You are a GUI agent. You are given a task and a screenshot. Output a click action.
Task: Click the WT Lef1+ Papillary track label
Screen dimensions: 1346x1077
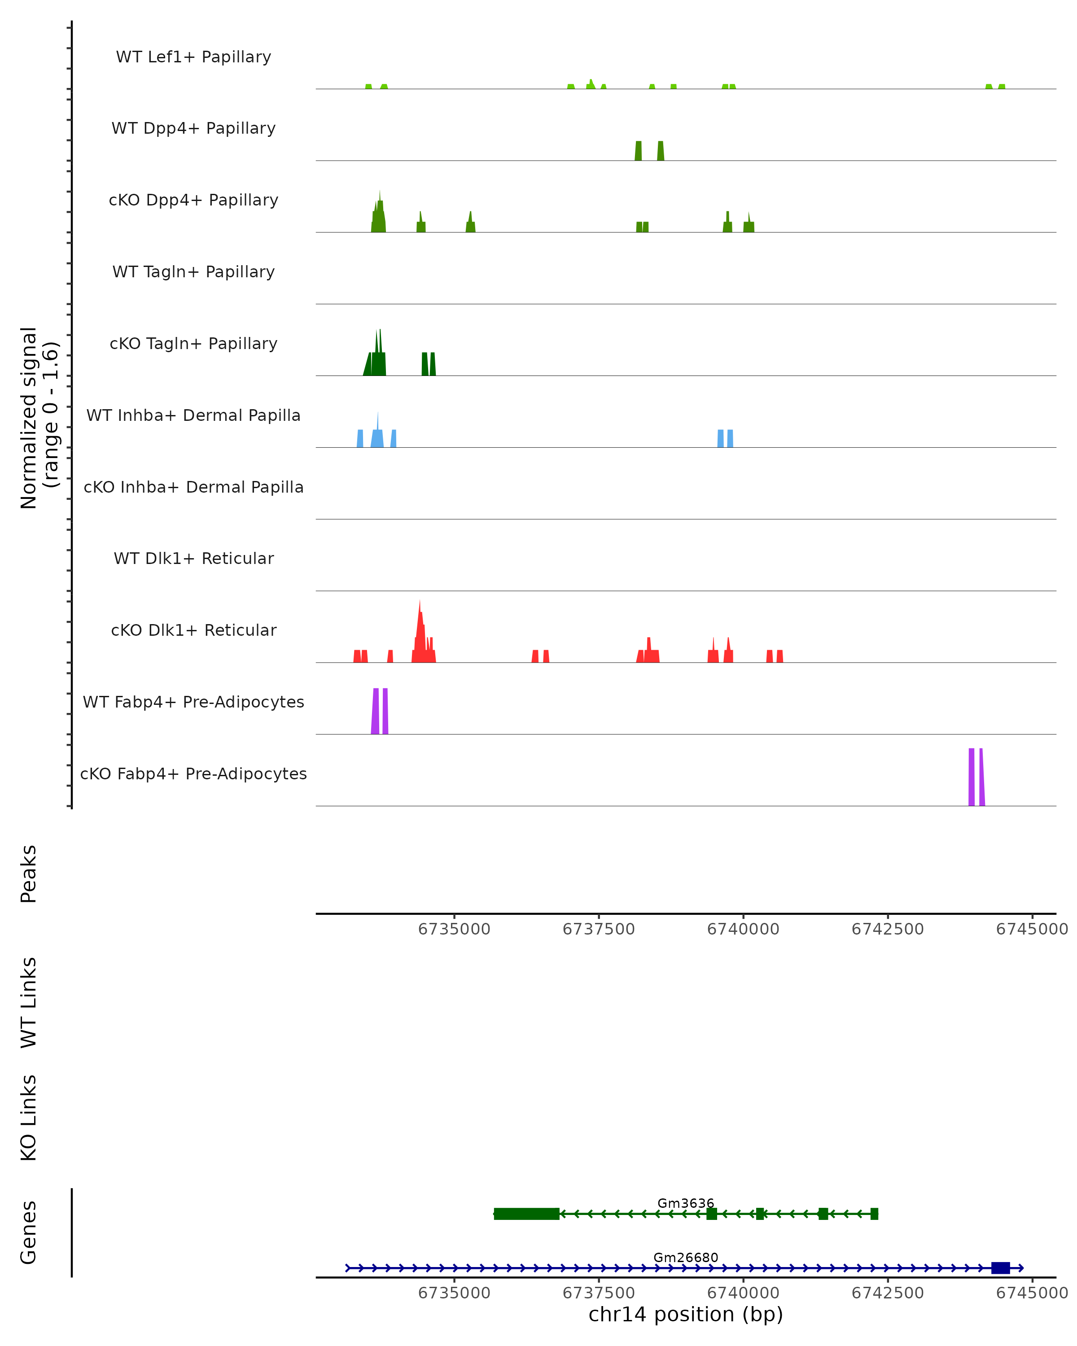pos(193,57)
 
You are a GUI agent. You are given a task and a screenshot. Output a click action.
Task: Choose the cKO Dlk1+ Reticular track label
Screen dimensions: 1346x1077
pos(193,630)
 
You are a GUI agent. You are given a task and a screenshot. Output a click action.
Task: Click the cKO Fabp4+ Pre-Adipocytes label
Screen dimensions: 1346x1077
pos(193,774)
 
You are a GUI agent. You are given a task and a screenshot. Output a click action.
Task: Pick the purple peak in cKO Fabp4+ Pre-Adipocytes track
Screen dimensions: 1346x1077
pos(972,777)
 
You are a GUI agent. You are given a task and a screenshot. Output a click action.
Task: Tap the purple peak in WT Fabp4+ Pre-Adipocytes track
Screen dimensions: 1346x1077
pos(375,712)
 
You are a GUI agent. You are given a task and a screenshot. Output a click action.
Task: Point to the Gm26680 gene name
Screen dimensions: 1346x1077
pos(686,1257)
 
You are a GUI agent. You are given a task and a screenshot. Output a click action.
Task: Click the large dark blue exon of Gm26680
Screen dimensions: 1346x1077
pos(1000,1268)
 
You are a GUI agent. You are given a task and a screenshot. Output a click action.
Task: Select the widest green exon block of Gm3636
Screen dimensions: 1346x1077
pos(526,1214)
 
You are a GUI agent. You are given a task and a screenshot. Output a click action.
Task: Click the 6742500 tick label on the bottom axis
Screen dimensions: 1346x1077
pos(887,1293)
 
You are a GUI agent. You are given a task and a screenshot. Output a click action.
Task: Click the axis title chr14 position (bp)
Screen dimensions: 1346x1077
pos(686,1315)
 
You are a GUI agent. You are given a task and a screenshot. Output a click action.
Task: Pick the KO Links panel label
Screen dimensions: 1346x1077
pos(29,1118)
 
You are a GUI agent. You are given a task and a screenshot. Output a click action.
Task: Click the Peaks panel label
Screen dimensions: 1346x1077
pos(29,874)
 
